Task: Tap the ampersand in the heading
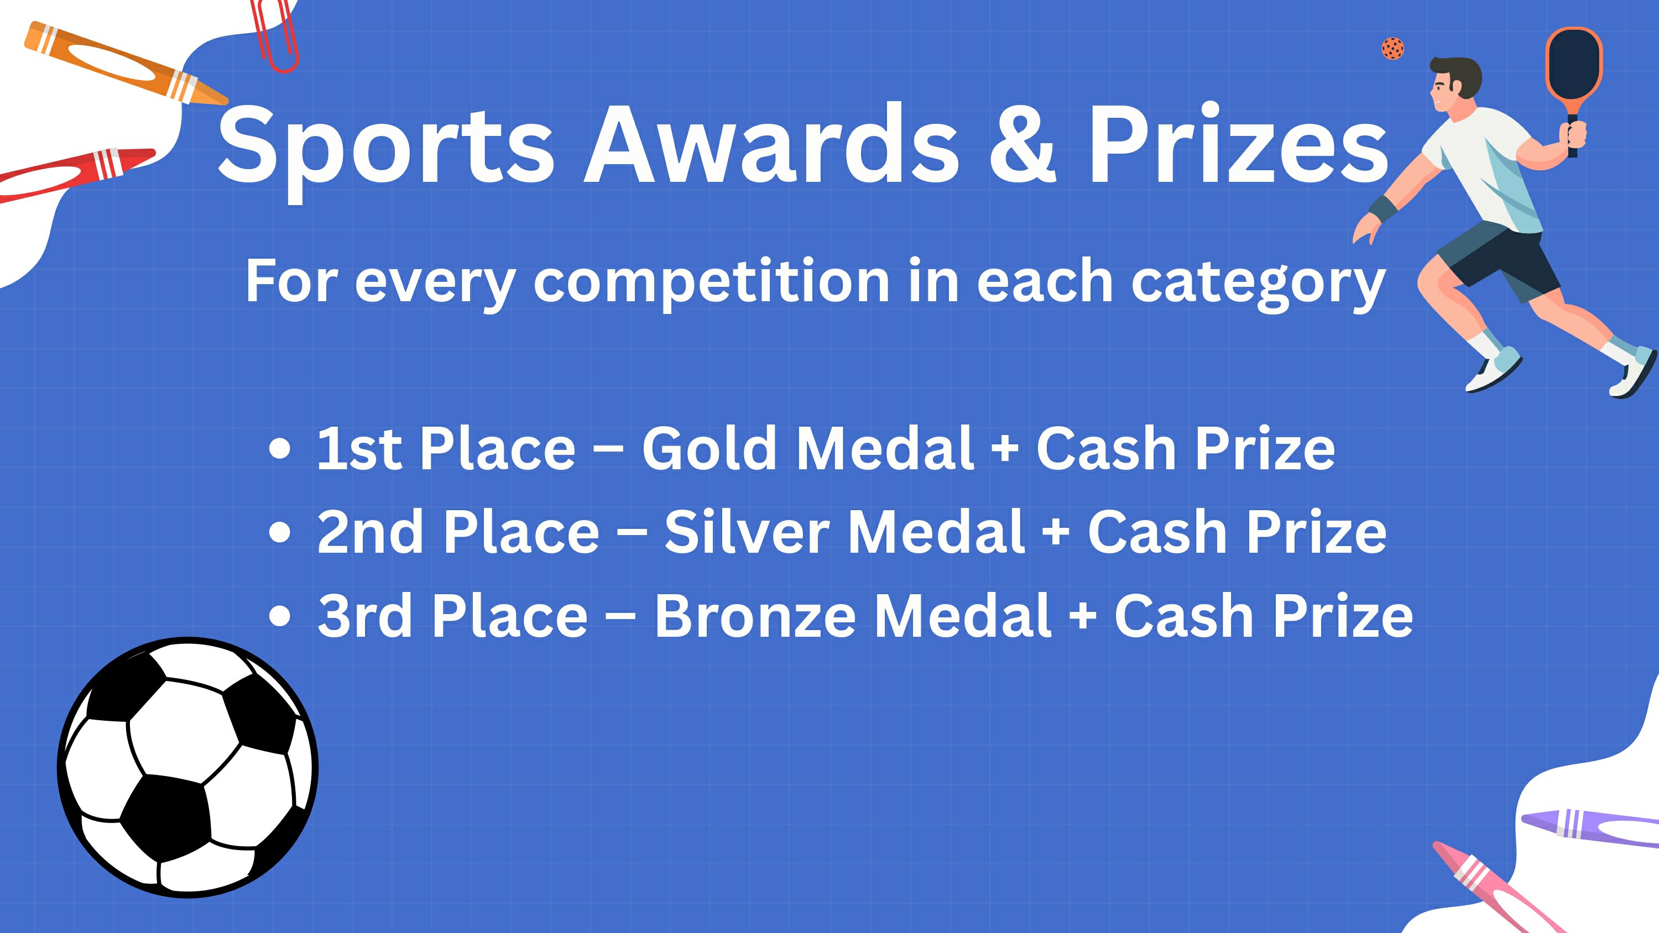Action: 1022,143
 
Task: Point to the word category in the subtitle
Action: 1259,284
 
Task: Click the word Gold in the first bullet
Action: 709,448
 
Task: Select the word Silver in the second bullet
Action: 747,531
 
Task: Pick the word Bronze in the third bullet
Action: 755,615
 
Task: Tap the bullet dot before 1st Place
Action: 279,449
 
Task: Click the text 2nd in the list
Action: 371,531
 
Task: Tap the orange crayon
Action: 126,63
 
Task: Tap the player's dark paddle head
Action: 1574,64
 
